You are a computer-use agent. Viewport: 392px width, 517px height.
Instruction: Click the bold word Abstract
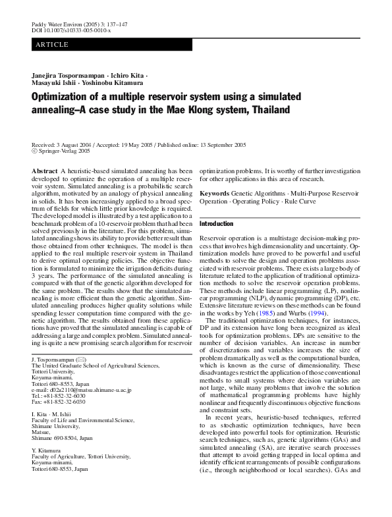click(x=45, y=171)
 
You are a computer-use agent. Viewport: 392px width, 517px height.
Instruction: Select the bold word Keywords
click(x=215, y=194)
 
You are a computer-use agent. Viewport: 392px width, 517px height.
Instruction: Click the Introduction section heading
click(x=221, y=225)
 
